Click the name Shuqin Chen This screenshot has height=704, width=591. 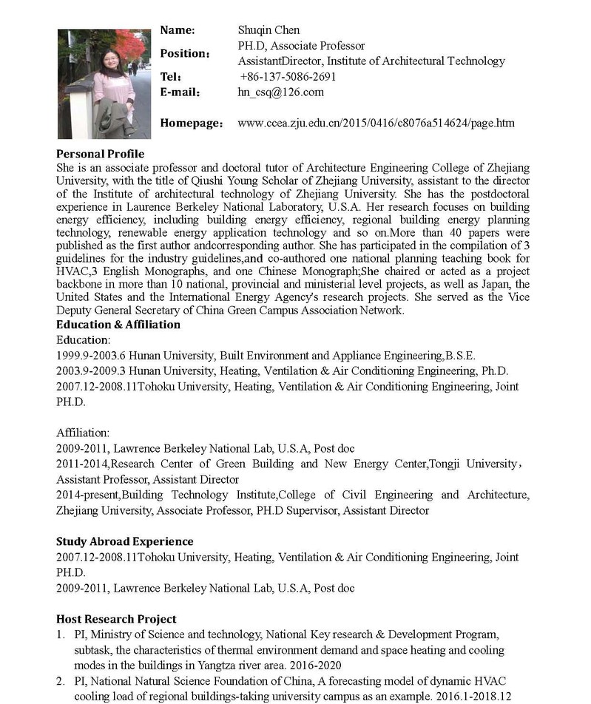click(269, 30)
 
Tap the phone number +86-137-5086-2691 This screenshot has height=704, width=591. click(288, 77)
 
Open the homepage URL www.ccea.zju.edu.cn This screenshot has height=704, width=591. click(376, 123)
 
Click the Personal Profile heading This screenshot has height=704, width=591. click(100, 155)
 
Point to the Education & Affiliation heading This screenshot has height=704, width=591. click(118, 325)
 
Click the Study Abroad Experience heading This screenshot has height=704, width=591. click(124, 541)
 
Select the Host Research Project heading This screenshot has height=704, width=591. click(116, 619)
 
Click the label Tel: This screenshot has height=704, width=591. click(171, 77)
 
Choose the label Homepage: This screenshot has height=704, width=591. click(191, 123)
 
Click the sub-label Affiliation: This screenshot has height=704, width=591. click(83, 433)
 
